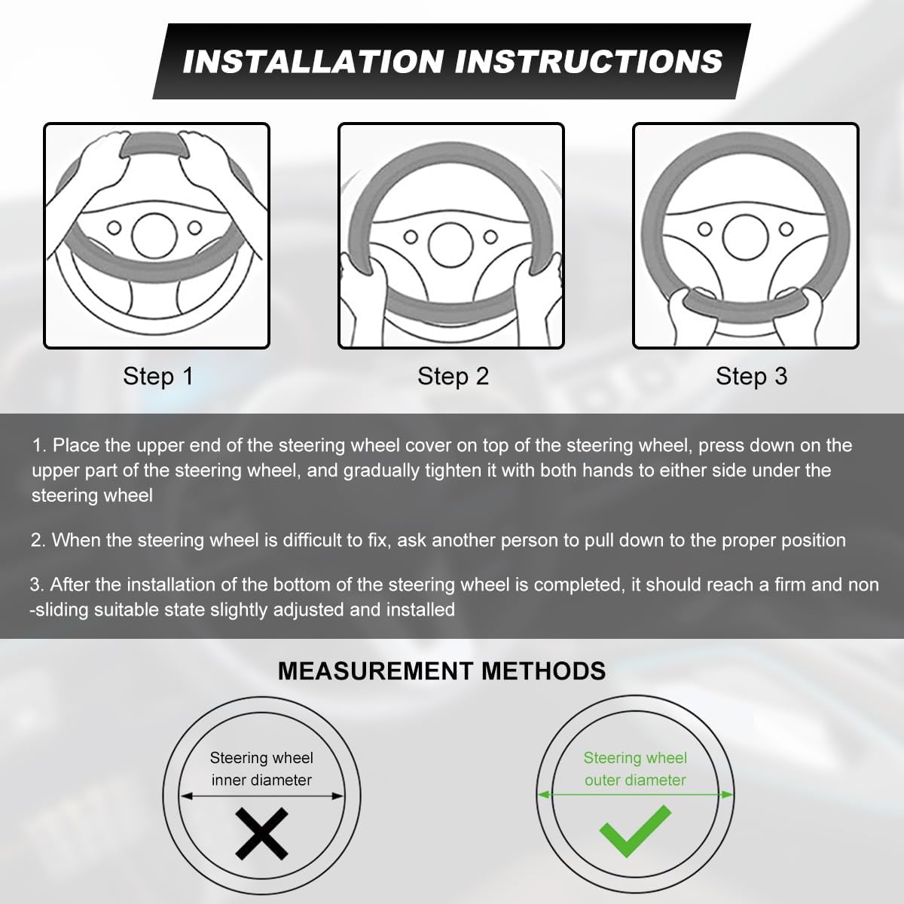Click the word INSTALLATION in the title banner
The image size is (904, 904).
313,62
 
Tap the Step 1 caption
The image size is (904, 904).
158,377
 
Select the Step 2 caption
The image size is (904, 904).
454,377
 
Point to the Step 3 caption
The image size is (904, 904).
752,377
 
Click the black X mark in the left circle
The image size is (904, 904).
261,834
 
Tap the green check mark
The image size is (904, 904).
635,831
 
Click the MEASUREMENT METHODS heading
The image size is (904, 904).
441,671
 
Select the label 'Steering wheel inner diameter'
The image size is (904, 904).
261,769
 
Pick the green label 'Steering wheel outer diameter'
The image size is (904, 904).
635,769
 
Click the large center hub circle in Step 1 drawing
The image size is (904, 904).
154,236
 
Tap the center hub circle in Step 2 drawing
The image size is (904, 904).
450,245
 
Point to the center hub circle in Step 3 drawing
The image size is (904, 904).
746,237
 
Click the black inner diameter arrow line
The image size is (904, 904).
261,796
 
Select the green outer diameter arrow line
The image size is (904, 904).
635,794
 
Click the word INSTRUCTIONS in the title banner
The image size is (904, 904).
589,62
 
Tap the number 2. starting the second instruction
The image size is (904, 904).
38,540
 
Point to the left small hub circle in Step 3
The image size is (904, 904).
704,230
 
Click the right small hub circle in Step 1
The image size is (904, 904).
194,228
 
